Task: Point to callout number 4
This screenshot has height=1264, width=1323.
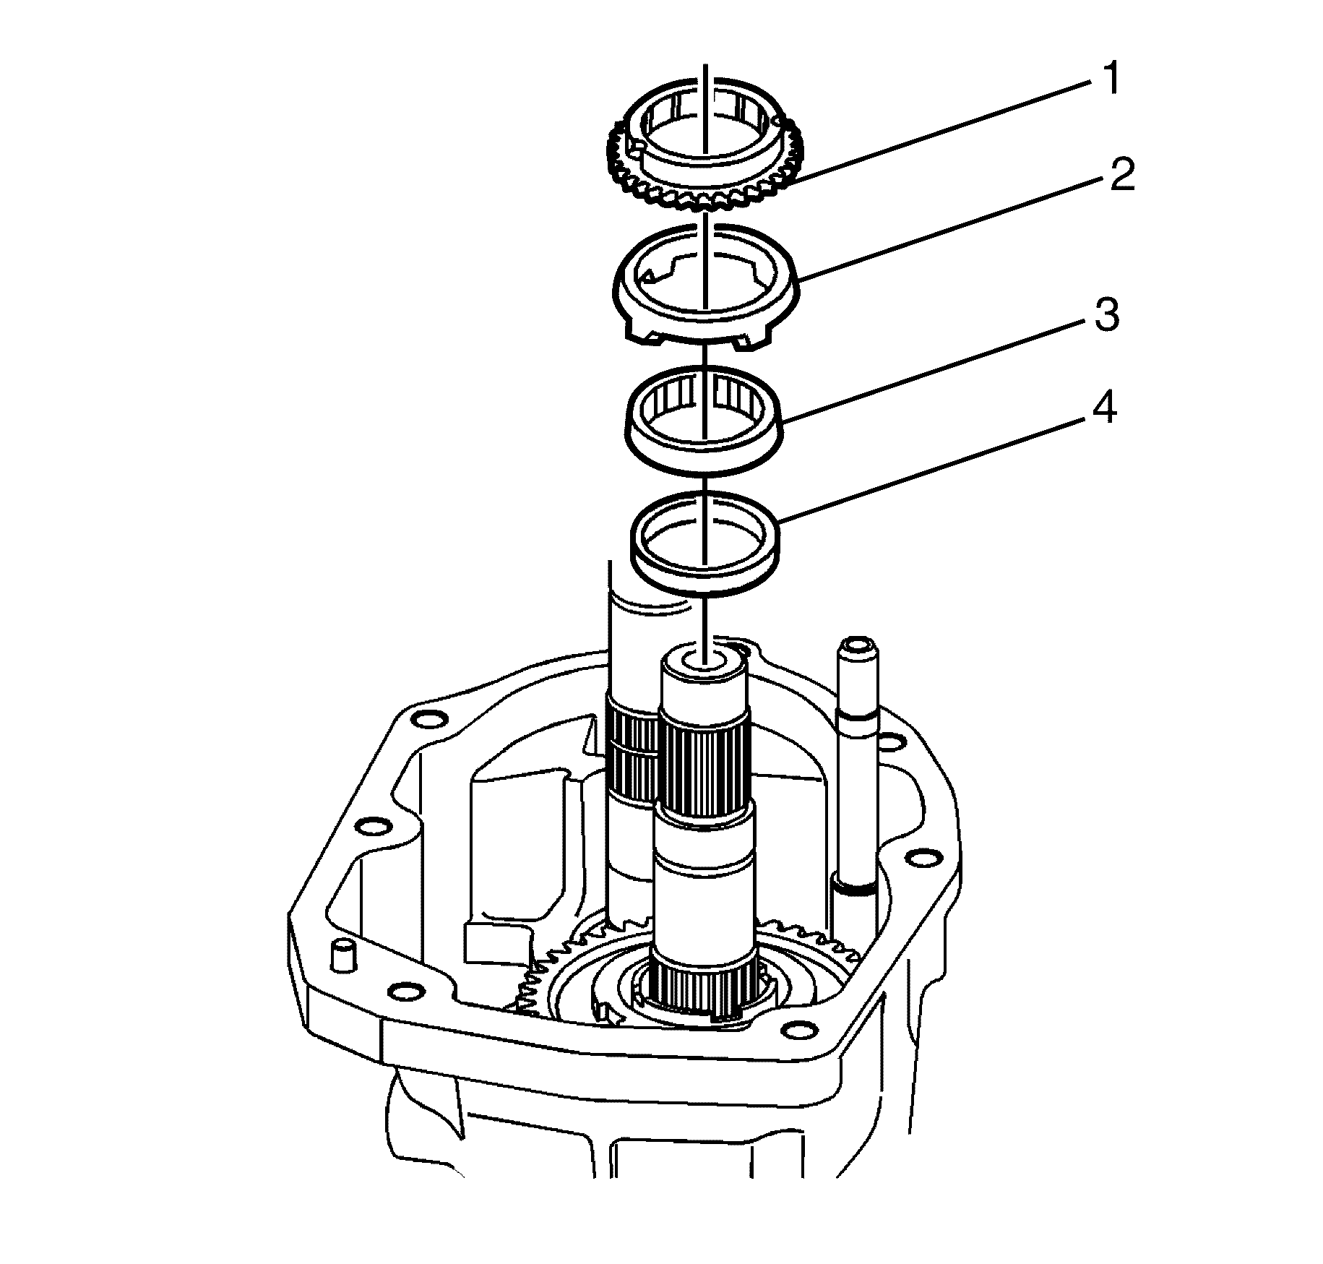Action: [1103, 410]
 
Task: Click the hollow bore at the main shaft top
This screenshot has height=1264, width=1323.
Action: [703, 660]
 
